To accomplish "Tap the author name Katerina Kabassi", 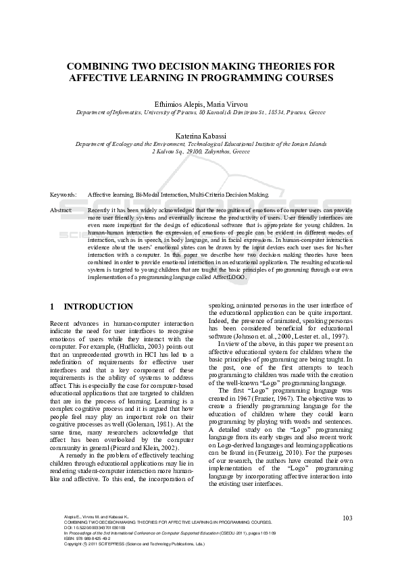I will pos(201,136).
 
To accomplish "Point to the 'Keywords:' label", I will pos(63,194).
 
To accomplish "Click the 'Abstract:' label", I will pos(62,210).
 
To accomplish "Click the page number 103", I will pos(348,537).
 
